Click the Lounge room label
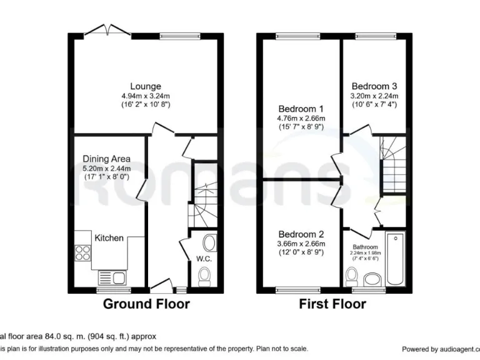coord(145,86)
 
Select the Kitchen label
coord(109,237)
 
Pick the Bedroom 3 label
coord(374,86)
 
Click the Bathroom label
coord(365,247)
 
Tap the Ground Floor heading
coord(146,304)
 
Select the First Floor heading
coord(332,304)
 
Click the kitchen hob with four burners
coord(82,252)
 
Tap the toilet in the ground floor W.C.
coord(204,275)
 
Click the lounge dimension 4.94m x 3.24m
coord(145,96)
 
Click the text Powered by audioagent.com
coord(439,349)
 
